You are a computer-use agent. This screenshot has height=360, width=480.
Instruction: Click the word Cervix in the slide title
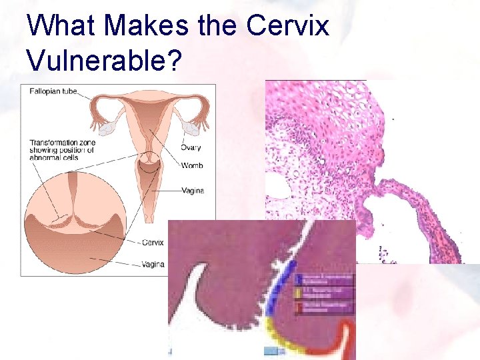tap(288, 25)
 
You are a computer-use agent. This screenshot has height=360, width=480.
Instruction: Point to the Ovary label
tap(191, 148)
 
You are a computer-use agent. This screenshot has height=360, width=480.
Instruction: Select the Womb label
tap(191, 165)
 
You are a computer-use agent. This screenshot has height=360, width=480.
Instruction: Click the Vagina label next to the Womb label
tap(193, 191)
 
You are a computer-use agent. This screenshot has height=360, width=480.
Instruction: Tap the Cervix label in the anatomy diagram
tap(153, 242)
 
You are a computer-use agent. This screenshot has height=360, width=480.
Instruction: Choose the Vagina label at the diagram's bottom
tap(153, 265)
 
